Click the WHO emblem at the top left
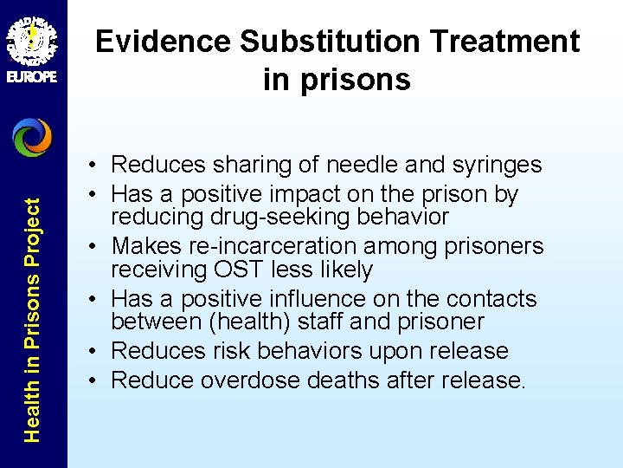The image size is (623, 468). [x=32, y=36]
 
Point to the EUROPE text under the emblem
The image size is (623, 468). [x=32, y=76]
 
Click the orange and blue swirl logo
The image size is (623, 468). [x=32, y=138]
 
